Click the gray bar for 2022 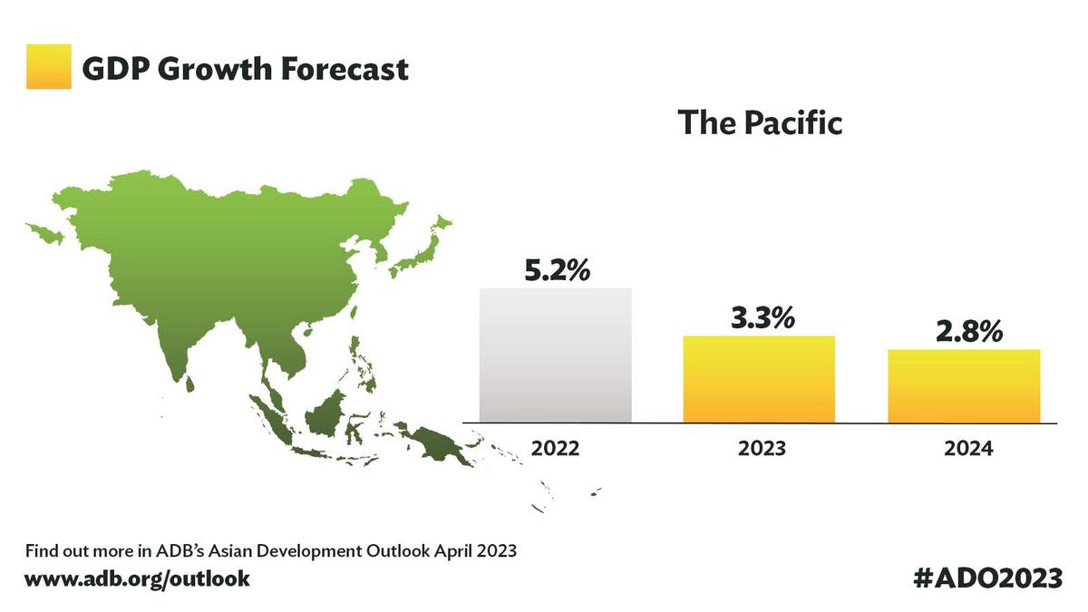(x=556, y=355)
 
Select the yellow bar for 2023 (x=759, y=379)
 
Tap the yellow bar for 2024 (x=964, y=386)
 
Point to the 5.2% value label (x=558, y=270)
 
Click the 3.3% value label (x=763, y=317)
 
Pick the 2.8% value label (x=969, y=332)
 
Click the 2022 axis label (x=555, y=448)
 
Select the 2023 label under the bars (x=762, y=448)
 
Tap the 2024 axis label (x=968, y=448)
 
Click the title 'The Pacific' (x=760, y=122)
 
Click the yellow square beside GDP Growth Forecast (x=49, y=66)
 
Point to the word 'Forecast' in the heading (x=345, y=69)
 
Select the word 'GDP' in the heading (x=116, y=69)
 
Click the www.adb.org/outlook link (x=137, y=579)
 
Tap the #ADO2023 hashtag (x=988, y=578)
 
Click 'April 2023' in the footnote (x=475, y=551)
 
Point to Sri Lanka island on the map (x=190, y=383)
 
